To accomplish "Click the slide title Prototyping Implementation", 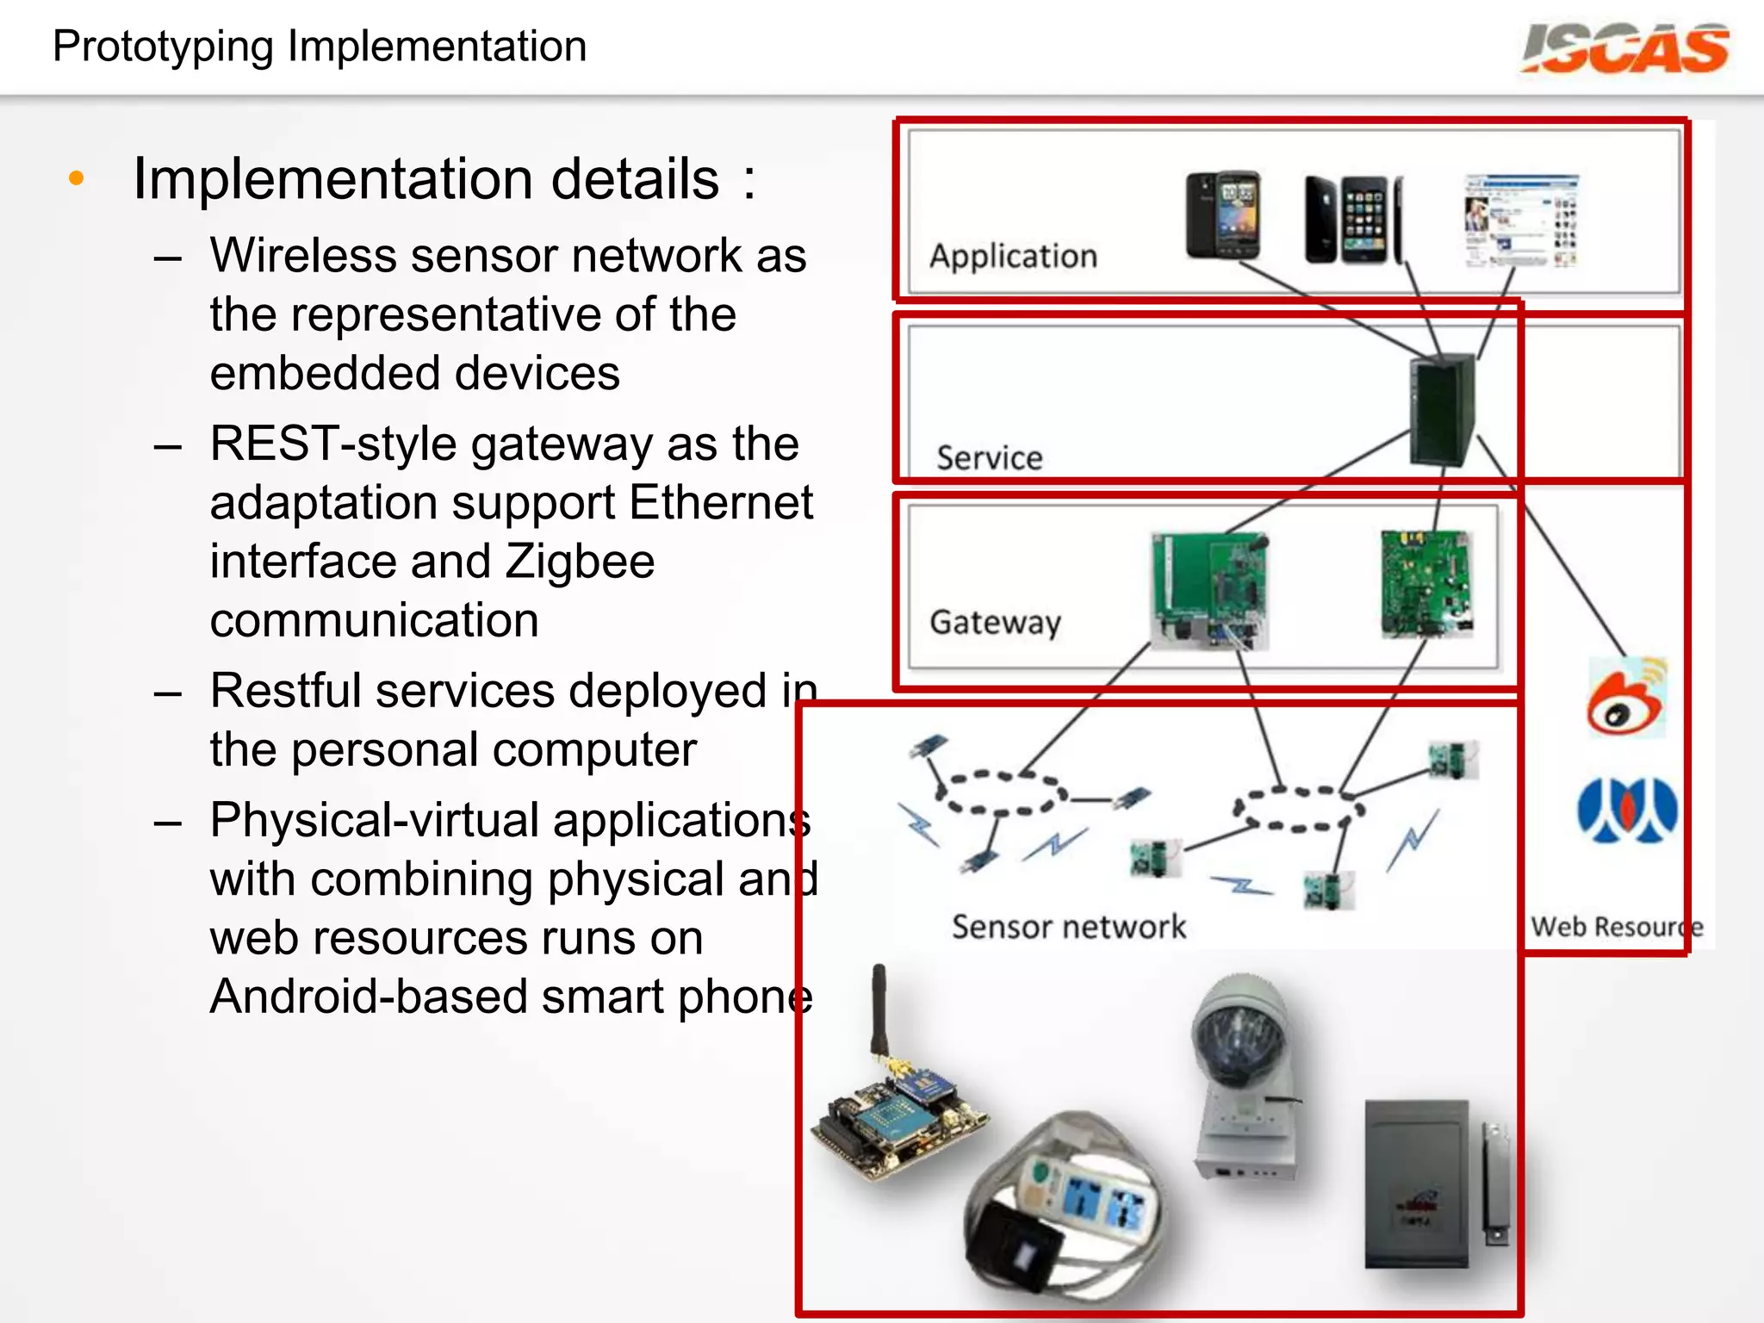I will pos(320,47).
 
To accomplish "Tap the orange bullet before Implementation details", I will pos(77,178).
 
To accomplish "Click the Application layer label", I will pos(1013,256).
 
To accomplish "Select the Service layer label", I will pos(989,457).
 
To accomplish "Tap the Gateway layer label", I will pos(995,622).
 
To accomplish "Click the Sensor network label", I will pos(1068,927).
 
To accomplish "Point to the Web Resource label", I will pos(1615,927).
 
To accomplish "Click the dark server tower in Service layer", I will pos(1442,410).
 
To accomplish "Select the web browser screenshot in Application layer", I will pos(1521,220).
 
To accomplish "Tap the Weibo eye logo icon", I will pos(1625,698).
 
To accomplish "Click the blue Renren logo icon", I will pos(1626,811).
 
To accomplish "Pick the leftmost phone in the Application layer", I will pos(1222,215).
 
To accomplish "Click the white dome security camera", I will pos(1244,1077).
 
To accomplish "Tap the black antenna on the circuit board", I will pos(879,1012).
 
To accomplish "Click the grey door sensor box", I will pos(1417,1184).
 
